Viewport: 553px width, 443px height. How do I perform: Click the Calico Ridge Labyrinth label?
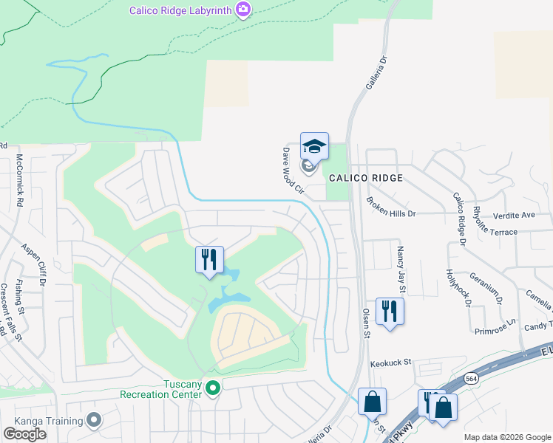click(180, 10)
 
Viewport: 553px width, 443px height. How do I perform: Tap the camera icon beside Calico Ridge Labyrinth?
click(243, 10)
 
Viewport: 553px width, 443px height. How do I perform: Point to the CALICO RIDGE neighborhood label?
click(366, 178)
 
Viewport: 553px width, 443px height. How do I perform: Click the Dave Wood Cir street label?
click(293, 169)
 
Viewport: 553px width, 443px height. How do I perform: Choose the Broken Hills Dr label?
click(392, 206)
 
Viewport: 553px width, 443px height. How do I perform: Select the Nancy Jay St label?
click(401, 265)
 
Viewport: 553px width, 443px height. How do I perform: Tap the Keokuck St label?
click(390, 363)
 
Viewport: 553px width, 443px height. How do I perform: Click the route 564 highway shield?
click(470, 378)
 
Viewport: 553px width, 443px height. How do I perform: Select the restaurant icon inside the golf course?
click(209, 260)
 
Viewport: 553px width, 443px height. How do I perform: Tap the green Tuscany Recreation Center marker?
click(213, 387)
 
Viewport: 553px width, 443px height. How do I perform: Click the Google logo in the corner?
click(24, 433)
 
